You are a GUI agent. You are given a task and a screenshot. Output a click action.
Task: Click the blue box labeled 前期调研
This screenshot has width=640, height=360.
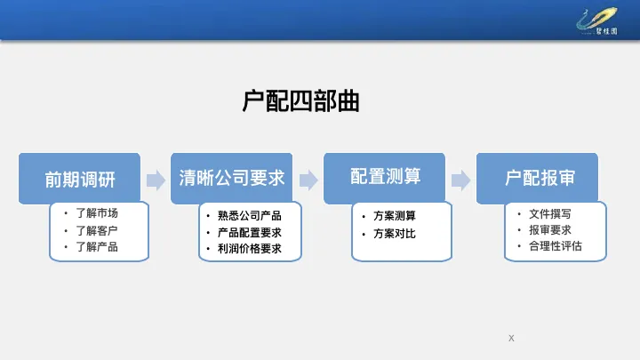pos(80,178)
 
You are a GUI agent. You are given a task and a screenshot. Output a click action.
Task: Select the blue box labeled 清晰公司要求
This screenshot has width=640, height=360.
pos(232,177)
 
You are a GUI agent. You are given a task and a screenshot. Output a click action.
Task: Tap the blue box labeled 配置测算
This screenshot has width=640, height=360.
pos(385,176)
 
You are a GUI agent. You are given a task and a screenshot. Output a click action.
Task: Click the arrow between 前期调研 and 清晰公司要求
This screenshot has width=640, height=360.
pos(156,180)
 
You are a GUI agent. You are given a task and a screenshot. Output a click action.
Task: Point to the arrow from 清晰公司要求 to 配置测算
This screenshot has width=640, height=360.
pos(308,180)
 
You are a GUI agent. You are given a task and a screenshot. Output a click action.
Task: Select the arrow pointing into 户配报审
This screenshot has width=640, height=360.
pos(460,180)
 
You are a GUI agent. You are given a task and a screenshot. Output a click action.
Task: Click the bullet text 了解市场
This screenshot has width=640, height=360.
pos(97,213)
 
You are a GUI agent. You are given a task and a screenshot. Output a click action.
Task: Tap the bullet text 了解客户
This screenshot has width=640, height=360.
pos(97,230)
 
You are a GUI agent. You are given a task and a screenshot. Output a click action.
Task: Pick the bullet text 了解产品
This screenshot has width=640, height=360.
pos(97,247)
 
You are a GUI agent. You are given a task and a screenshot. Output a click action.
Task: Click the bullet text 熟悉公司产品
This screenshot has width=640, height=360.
pos(249,215)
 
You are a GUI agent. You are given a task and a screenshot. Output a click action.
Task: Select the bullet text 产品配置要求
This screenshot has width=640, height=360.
pos(249,232)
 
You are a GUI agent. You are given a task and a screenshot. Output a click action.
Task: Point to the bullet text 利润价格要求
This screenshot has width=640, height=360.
pos(249,249)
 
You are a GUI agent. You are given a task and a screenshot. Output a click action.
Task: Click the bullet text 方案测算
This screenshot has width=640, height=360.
pos(395,216)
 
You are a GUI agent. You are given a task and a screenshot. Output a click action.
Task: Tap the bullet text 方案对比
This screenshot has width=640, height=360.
pos(395,234)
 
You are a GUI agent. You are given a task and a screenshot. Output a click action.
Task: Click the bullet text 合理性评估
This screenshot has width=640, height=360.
pos(555,246)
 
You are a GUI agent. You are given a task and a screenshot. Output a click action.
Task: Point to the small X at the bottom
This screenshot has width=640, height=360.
pos(511,338)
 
